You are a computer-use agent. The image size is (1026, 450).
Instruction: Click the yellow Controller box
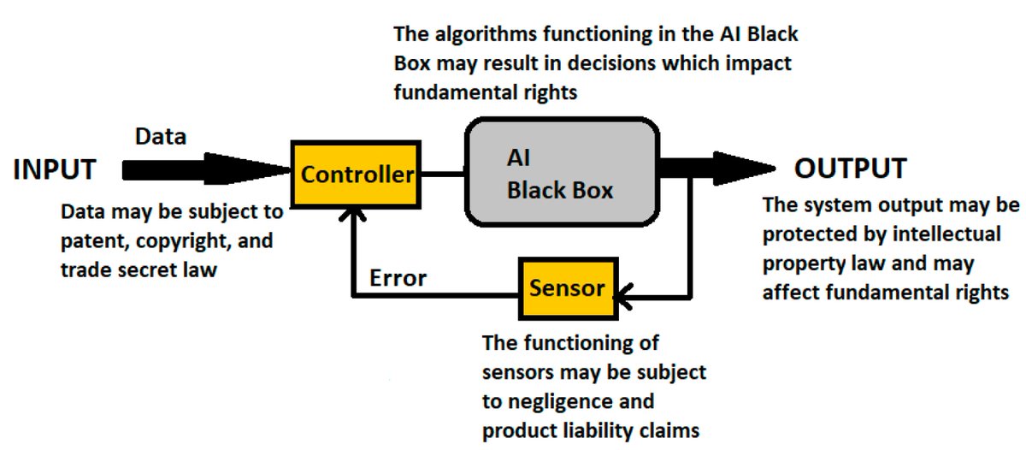coord(357,175)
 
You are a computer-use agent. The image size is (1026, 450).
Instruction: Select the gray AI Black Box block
coord(561,175)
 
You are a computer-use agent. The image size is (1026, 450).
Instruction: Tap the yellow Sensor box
coord(567,287)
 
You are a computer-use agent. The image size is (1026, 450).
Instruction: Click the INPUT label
coord(55,169)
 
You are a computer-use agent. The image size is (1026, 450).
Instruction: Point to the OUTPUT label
coord(850,169)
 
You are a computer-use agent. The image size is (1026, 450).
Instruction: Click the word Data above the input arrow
coord(161,136)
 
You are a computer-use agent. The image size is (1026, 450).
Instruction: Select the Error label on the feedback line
coord(398,278)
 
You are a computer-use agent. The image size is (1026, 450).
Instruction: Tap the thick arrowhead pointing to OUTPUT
coord(744,168)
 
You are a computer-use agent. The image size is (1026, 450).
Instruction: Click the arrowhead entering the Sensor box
coord(622,296)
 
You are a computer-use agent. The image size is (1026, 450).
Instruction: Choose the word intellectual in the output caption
coord(948,234)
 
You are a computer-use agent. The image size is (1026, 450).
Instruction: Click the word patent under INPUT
coord(90,241)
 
